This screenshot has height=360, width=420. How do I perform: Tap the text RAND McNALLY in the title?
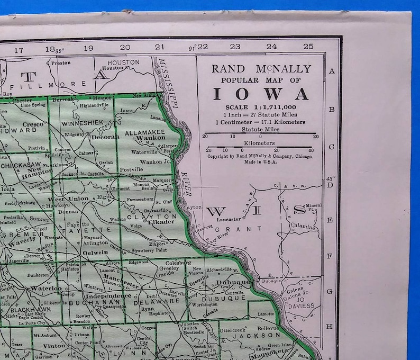(260, 68)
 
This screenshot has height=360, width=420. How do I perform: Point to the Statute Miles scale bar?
(260, 133)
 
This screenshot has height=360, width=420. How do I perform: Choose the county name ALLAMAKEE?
(145, 132)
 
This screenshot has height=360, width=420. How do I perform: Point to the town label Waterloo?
(47, 289)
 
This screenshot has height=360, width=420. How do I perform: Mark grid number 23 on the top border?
(235, 47)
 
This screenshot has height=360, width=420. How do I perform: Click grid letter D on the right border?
(331, 184)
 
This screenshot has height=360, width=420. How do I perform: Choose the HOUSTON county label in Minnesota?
(124, 62)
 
